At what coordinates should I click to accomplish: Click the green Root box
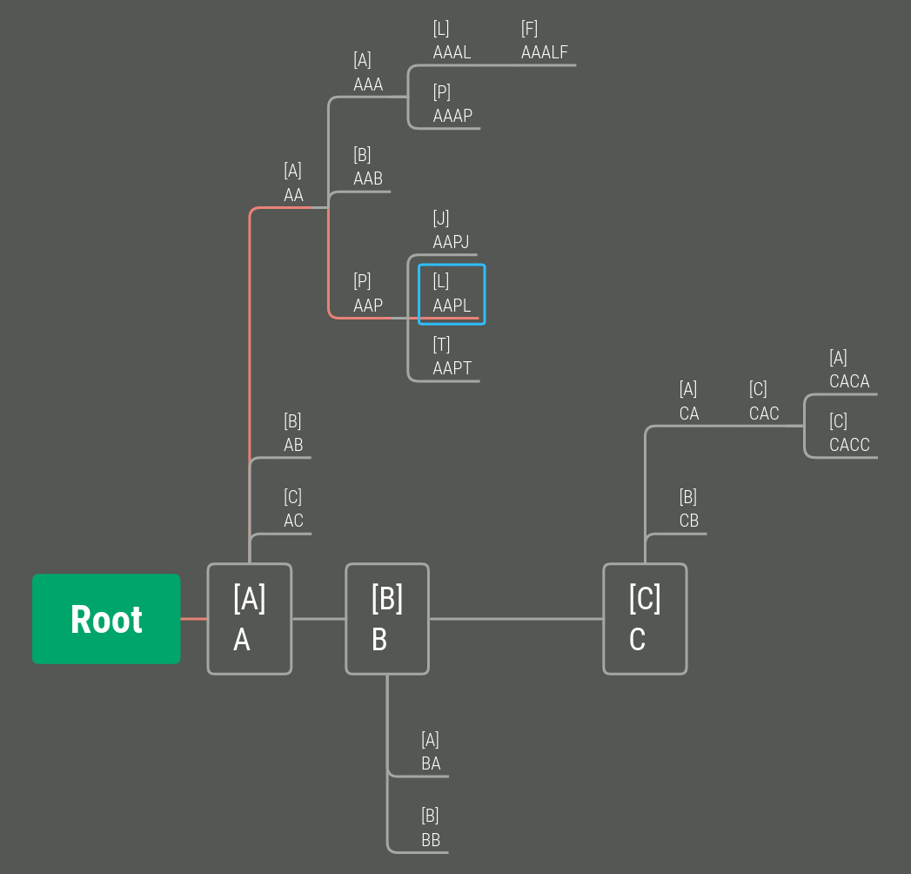click(x=106, y=619)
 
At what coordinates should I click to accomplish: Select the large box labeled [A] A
click(x=249, y=619)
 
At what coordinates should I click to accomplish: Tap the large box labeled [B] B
click(x=387, y=619)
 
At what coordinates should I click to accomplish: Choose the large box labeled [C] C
click(x=645, y=619)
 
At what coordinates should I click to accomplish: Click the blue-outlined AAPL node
click(x=452, y=294)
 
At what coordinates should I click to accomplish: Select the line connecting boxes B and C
click(x=516, y=619)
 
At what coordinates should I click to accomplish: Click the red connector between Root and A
click(x=193, y=619)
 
